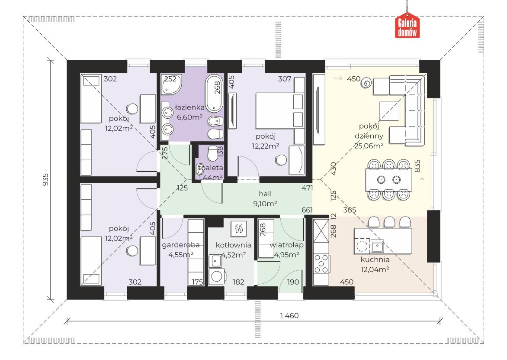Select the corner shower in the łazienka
point(171,84)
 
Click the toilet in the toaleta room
point(212,153)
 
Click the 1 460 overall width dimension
point(289,315)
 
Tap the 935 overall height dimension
point(45,179)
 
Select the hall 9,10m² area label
point(265,198)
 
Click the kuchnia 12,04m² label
point(375,264)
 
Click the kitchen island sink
point(377,246)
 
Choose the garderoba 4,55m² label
point(181,250)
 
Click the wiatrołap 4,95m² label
point(286,250)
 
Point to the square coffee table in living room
point(389,111)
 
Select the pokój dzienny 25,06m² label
point(369,136)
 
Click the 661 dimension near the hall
point(307,210)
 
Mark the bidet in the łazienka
point(215,121)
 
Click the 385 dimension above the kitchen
point(350,210)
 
